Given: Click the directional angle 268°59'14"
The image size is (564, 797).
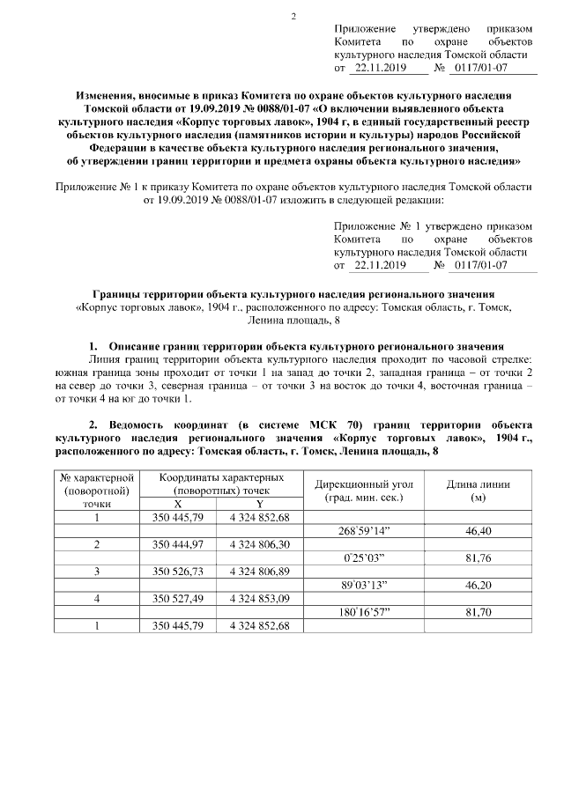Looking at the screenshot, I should point(362,532).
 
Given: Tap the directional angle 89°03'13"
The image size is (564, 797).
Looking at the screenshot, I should point(362,584).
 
